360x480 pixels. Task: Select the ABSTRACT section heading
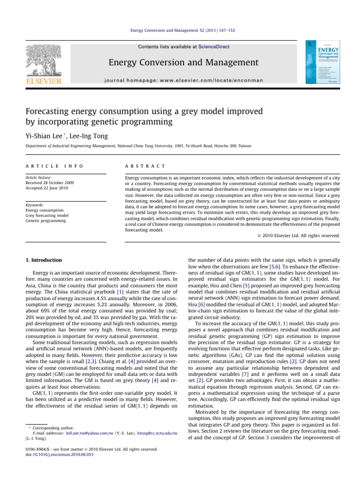pos(141,165)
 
